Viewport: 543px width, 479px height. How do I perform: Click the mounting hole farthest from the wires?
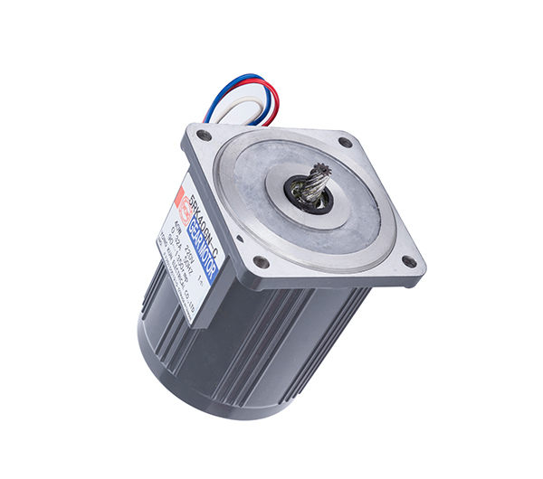pyautogui.click(x=409, y=261)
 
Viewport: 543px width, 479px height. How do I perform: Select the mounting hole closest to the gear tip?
pyautogui.click(x=345, y=142)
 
